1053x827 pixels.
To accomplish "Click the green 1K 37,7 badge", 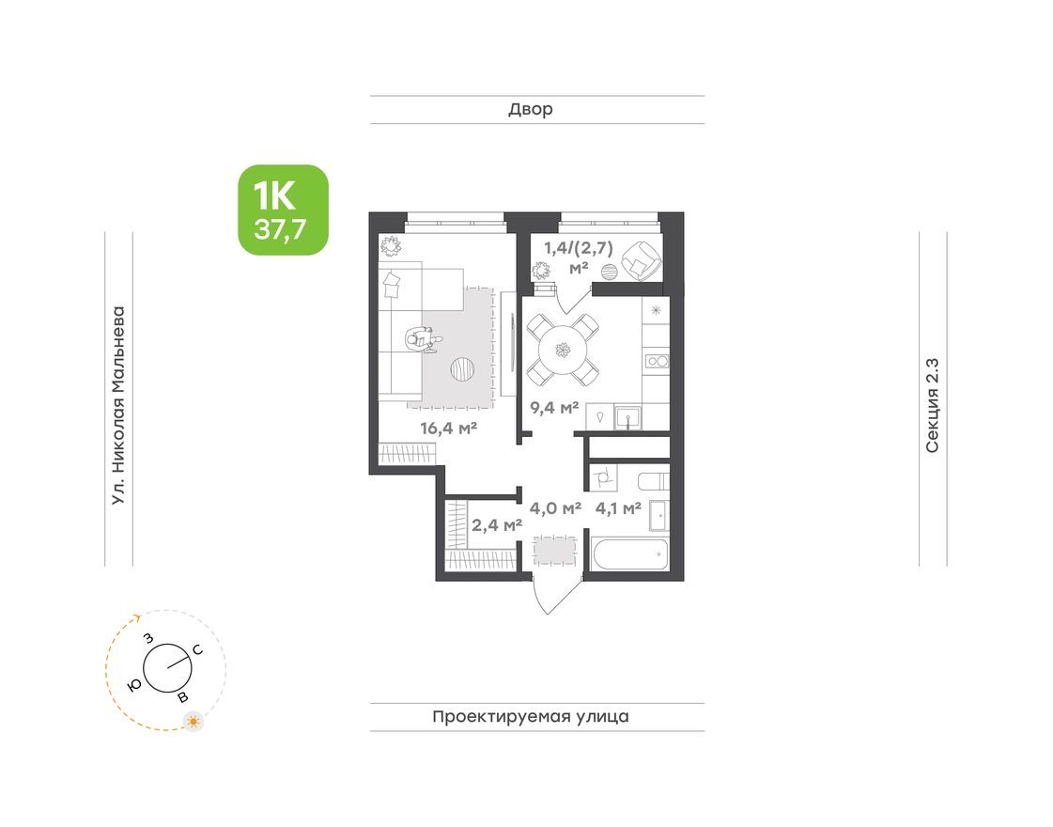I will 283,210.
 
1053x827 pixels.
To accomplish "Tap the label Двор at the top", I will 531,110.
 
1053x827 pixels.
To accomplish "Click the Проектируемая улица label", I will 531,717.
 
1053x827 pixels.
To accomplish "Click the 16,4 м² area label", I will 449,429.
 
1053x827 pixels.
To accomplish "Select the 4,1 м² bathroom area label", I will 618,508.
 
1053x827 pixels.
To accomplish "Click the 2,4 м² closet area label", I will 497,524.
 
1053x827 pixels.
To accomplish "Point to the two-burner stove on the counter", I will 655,360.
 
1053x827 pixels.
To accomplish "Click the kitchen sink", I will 627,416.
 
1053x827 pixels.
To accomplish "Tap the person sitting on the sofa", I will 422,338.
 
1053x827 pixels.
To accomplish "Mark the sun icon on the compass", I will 194,722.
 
